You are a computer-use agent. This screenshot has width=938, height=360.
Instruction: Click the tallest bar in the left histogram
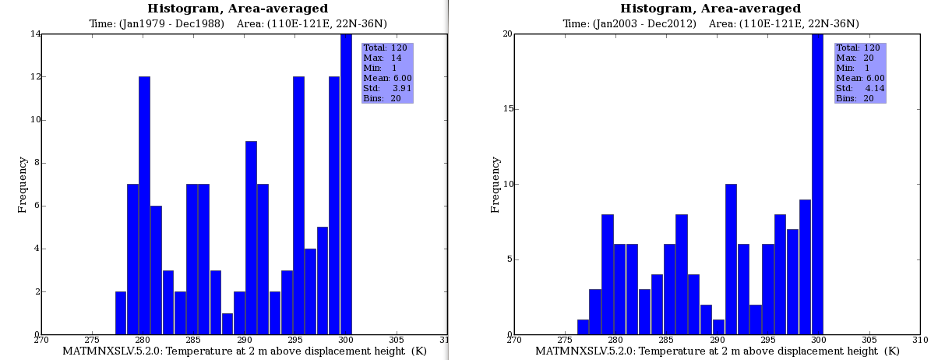(346, 184)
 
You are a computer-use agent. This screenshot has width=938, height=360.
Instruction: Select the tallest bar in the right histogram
(817, 184)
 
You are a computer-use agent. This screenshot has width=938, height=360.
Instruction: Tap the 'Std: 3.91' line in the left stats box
(387, 88)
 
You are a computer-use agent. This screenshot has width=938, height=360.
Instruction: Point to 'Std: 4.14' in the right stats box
(860, 88)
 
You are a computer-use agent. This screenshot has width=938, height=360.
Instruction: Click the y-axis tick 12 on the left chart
(35, 77)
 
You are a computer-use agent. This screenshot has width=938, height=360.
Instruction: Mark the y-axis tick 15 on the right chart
(507, 109)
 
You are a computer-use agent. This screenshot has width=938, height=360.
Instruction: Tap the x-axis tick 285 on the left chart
(193, 340)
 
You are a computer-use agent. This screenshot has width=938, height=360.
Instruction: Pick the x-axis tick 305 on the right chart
(869, 340)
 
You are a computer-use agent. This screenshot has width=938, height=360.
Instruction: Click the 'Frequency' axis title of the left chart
(23, 185)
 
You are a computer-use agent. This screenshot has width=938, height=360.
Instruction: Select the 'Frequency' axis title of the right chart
(495, 185)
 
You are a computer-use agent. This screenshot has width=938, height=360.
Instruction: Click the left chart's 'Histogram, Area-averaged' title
(238, 9)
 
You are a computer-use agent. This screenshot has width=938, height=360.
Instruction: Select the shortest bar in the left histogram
(227, 324)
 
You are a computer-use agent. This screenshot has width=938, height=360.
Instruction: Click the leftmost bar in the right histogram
(583, 327)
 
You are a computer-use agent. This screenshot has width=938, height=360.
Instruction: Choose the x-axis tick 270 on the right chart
(513, 340)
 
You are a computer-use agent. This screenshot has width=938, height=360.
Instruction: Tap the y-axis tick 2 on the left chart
(35, 292)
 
